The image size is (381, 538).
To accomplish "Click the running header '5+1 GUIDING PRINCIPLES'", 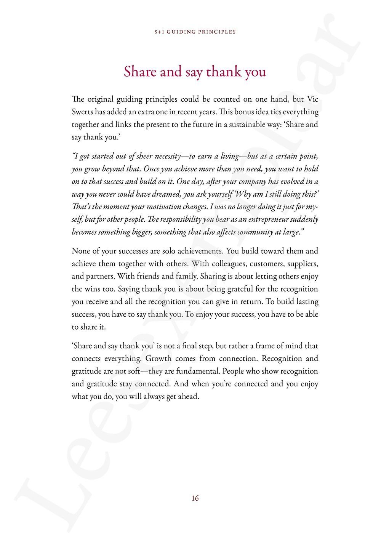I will coord(195,32).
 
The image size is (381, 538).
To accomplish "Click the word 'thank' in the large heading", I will coord(223,72).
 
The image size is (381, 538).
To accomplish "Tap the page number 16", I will coord(195,498).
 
